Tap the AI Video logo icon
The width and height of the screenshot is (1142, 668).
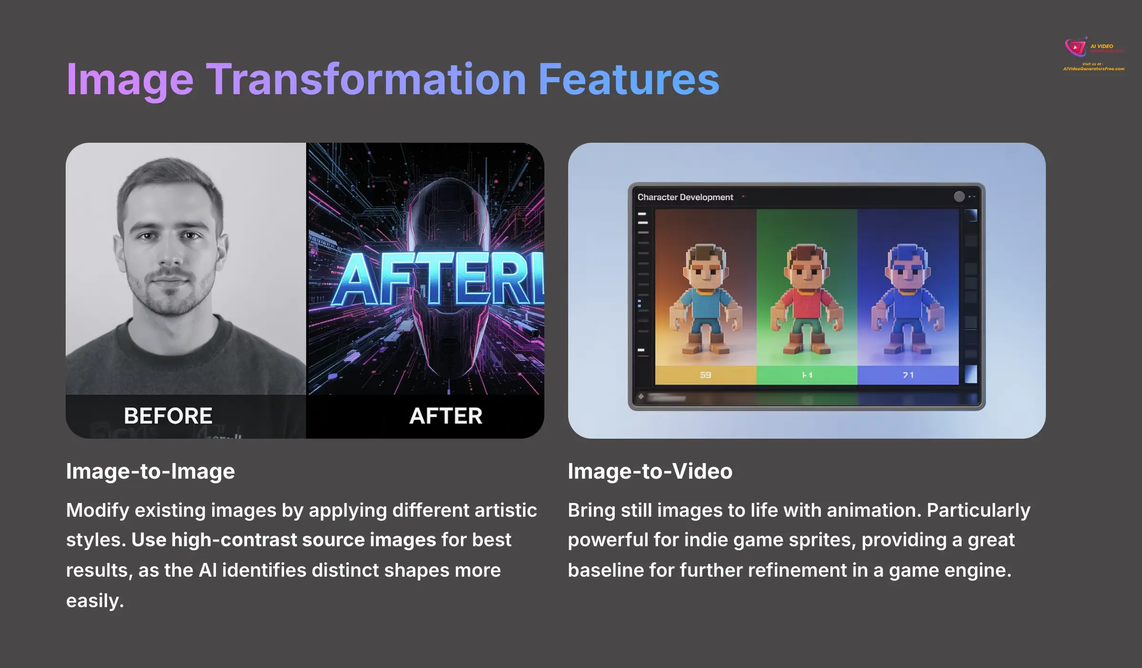1075,47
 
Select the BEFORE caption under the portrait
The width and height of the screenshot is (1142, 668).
168,416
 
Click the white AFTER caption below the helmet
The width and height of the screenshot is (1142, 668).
445,416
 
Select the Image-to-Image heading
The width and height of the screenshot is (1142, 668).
150,472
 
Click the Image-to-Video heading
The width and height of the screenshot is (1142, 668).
650,472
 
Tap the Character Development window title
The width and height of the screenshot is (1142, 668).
685,197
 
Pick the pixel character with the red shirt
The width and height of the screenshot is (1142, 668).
807,300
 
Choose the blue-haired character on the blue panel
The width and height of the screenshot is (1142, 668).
908,300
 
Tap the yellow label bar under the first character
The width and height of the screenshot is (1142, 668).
706,375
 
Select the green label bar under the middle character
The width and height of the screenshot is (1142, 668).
807,375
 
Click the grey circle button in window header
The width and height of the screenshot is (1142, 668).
959,196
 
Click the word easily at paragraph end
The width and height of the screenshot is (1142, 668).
95,601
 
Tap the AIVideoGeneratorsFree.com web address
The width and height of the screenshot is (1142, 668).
1093,69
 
